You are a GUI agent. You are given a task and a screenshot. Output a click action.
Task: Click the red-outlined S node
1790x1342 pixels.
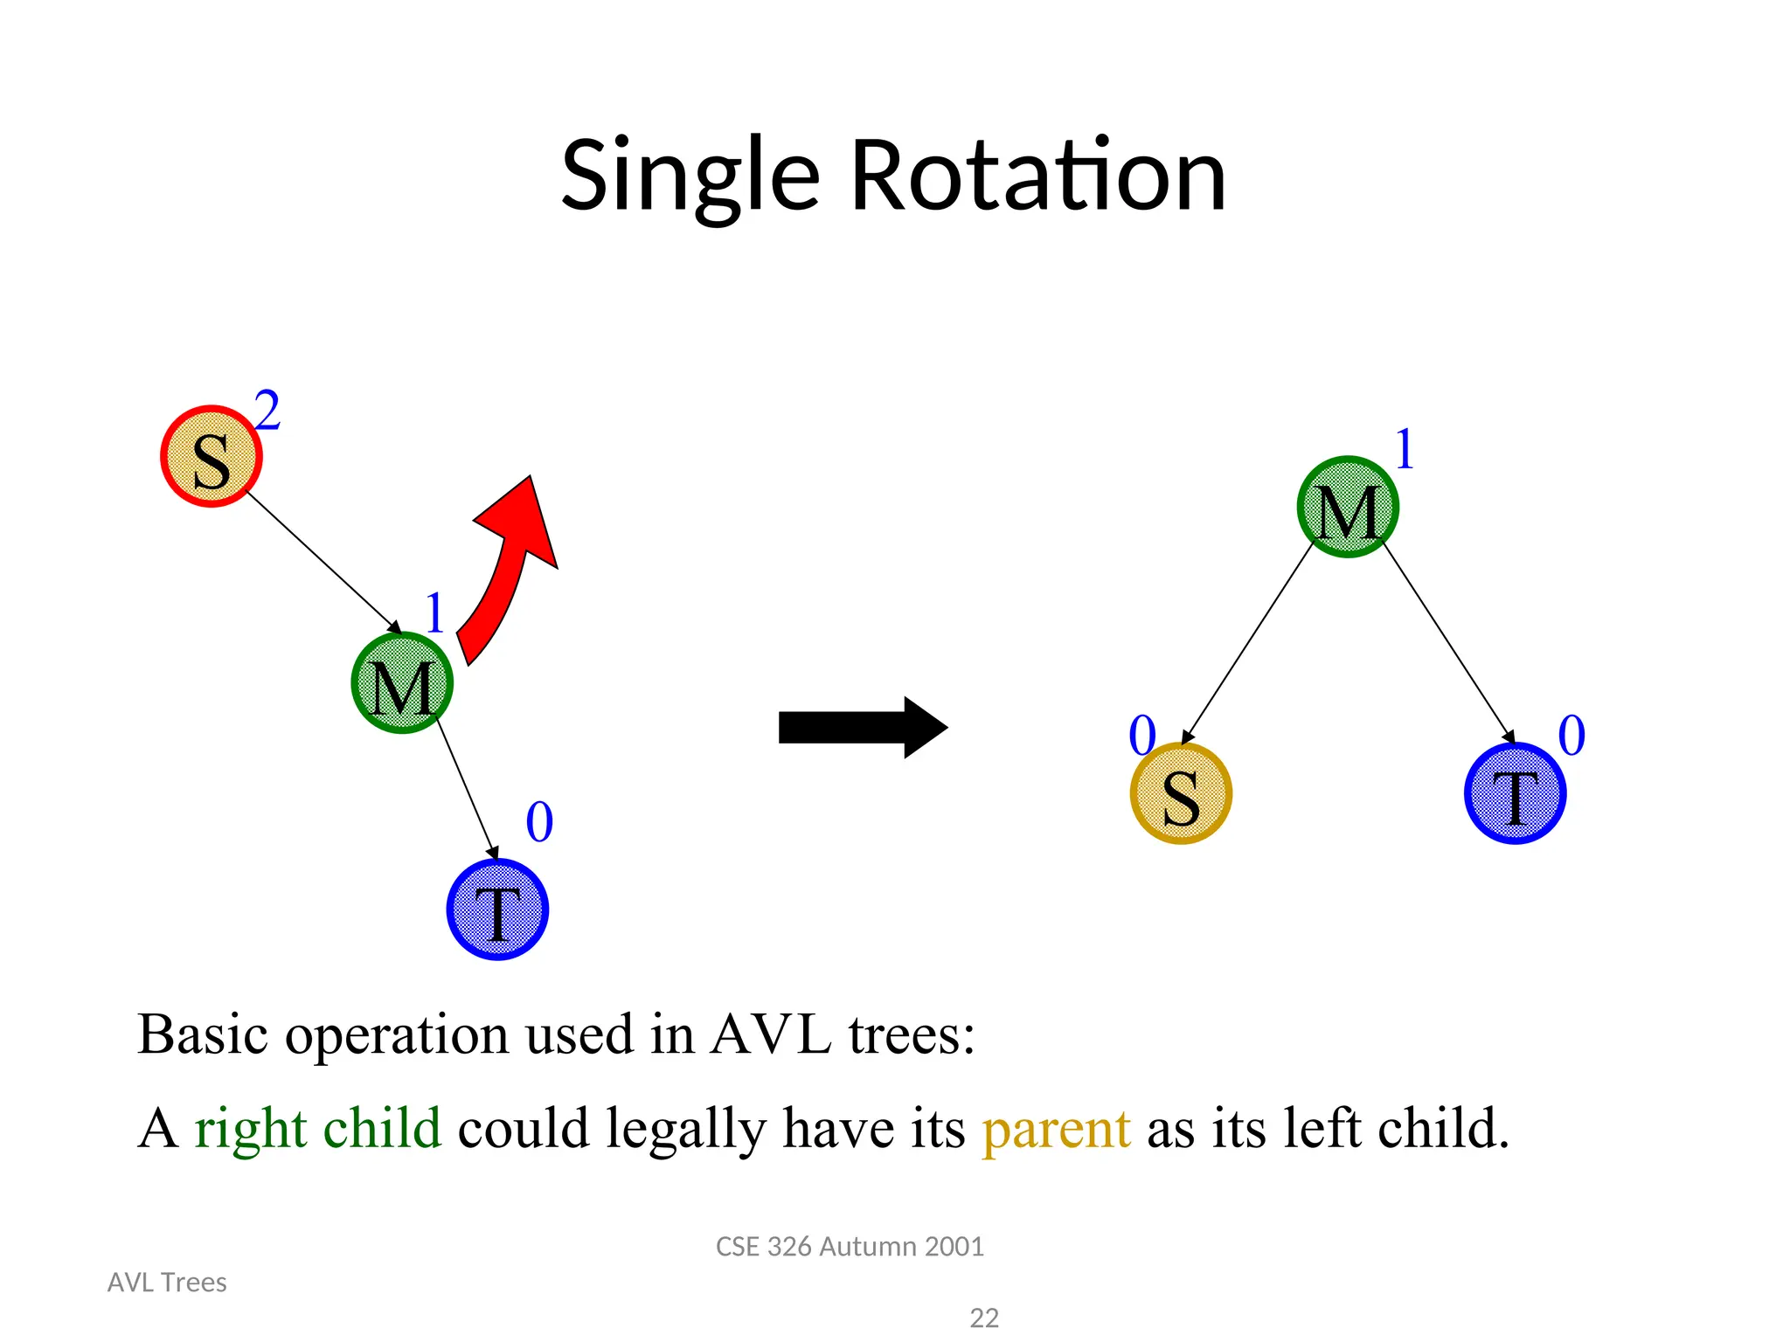click(212, 456)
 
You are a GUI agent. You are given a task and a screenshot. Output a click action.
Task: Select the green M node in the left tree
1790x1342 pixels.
click(402, 683)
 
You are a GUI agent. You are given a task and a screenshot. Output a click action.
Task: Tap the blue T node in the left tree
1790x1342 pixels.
click(497, 910)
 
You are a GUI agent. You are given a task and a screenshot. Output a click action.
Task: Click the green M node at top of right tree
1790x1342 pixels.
click(1348, 507)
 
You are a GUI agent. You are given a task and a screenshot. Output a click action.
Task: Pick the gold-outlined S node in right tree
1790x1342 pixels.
click(1181, 793)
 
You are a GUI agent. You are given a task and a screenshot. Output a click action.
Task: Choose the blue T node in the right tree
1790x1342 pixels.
click(1515, 793)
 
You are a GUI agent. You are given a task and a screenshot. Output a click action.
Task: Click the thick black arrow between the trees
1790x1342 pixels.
click(861, 727)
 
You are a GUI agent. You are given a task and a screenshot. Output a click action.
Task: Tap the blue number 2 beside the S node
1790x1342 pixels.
click(267, 411)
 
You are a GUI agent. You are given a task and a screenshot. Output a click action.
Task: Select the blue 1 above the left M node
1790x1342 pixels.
click(434, 613)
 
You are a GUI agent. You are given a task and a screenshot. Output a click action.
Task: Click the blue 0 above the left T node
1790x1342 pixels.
click(539, 822)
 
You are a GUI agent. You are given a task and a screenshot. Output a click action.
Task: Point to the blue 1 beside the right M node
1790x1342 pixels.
click(1404, 450)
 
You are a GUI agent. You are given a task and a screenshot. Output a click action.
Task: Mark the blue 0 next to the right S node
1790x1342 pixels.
click(1141, 736)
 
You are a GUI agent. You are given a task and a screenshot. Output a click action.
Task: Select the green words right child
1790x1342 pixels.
click(317, 1128)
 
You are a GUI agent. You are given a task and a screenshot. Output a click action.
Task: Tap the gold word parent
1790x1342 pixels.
click(1056, 1130)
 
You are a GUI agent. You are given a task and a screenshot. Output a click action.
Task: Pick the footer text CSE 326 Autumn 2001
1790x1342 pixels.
click(850, 1247)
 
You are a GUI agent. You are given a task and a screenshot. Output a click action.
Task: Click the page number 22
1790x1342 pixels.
click(984, 1318)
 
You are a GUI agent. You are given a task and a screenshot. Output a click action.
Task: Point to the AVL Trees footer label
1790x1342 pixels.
click(167, 1283)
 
